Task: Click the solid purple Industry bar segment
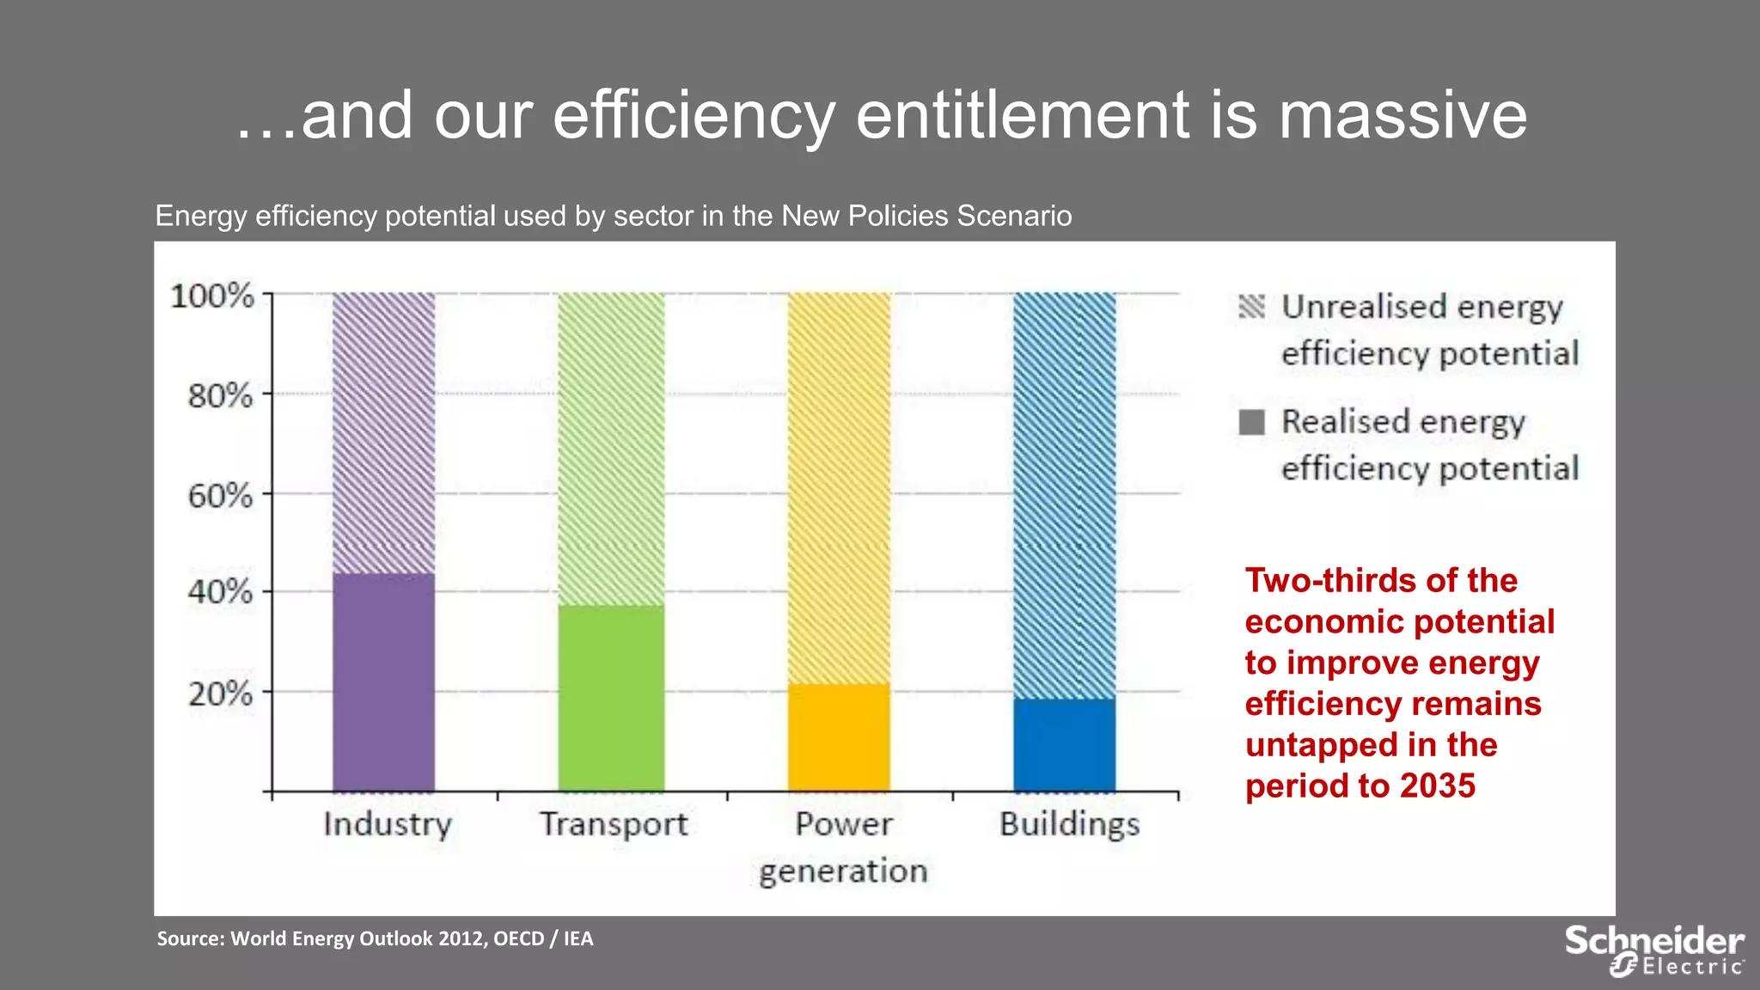click(x=383, y=682)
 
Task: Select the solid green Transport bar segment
click(x=611, y=698)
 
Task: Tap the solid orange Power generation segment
click(x=839, y=737)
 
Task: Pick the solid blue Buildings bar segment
click(x=1065, y=744)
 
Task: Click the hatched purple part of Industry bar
click(x=383, y=432)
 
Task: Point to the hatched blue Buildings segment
click(x=1065, y=494)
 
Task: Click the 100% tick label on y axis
click(x=212, y=296)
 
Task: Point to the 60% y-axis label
click(x=221, y=496)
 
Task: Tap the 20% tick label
click(x=221, y=693)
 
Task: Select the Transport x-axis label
click(x=614, y=824)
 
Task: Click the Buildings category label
click(x=1069, y=824)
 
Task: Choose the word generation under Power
click(x=843, y=871)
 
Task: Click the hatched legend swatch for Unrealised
click(x=1251, y=307)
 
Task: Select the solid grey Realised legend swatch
click(x=1251, y=422)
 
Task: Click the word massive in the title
click(x=1402, y=116)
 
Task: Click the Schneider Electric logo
click(x=1653, y=950)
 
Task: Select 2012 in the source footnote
click(x=462, y=938)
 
